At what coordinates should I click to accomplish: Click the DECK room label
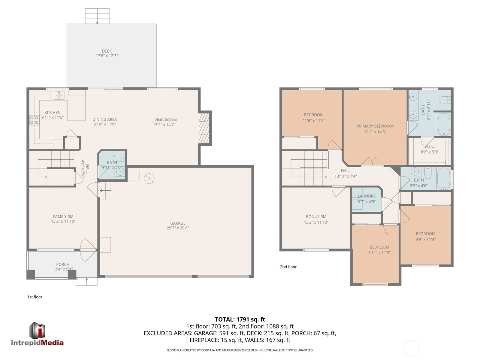click(x=107, y=51)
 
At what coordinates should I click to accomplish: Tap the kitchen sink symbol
click(x=59, y=95)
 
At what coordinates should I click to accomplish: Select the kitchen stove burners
click(x=34, y=120)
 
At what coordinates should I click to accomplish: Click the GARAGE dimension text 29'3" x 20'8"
click(x=178, y=228)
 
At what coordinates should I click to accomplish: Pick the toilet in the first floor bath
click(x=119, y=158)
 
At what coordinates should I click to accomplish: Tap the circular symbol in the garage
click(x=149, y=178)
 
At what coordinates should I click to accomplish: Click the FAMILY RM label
click(x=63, y=216)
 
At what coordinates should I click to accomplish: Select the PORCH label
click(x=63, y=264)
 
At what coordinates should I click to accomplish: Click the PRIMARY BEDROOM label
click(x=375, y=126)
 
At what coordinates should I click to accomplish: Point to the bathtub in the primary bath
click(x=444, y=124)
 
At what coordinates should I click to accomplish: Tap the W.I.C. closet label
click(x=430, y=146)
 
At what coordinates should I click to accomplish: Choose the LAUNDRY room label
click(x=367, y=196)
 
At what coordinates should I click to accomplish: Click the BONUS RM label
click(x=316, y=216)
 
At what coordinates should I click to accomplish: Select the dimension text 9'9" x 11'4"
click(x=426, y=239)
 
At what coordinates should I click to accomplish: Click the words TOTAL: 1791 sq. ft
click(x=240, y=319)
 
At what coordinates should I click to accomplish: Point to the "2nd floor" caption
click(x=288, y=267)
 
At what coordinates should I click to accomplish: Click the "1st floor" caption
click(x=35, y=297)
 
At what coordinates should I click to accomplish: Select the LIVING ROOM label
click(x=164, y=120)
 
